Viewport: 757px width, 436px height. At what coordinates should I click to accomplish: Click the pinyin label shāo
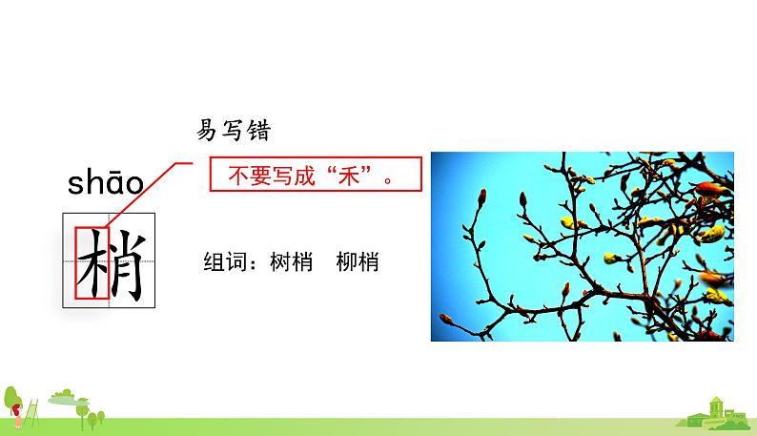click(105, 183)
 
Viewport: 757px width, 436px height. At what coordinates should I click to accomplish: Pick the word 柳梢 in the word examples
click(358, 261)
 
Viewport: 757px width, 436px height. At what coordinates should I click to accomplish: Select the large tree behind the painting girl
click(11, 397)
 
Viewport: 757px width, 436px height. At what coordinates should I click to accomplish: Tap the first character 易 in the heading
click(206, 131)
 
